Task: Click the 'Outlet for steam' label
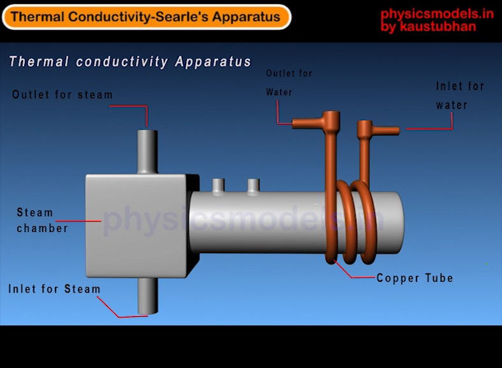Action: tap(63, 95)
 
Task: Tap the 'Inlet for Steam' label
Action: tap(54, 289)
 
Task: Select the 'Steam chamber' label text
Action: tap(42, 220)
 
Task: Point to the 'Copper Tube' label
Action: tap(415, 278)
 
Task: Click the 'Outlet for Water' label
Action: tap(289, 82)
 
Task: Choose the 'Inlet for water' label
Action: tap(460, 95)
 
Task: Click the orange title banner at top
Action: tap(146, 17)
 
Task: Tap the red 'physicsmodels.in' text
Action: tap(437, 14)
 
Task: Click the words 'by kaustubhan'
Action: tap(428, 27)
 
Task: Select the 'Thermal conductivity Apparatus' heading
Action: tap(130, 62)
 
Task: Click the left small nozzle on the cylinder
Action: tap(218, 185)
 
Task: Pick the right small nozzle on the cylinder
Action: tap(253, 185)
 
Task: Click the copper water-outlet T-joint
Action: tap(330, 121)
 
